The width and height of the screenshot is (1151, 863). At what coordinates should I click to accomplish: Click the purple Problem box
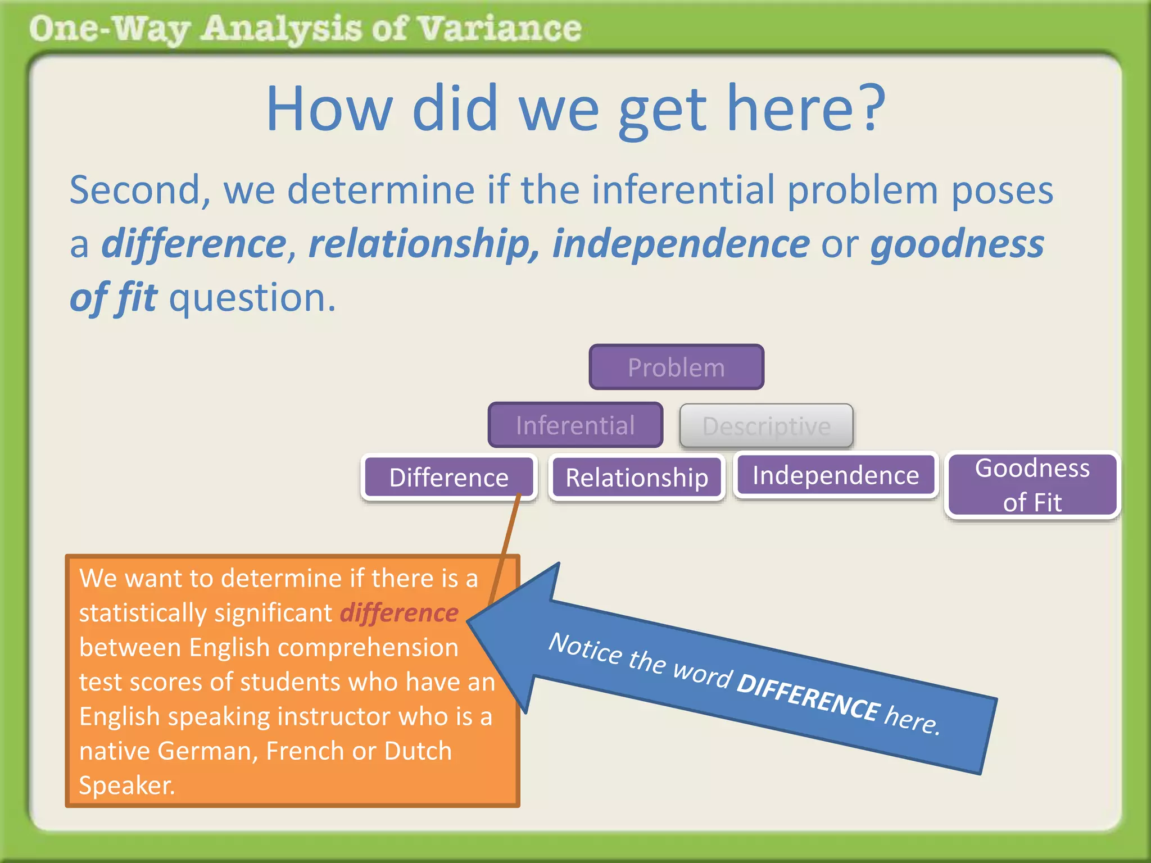[x=676, y=367]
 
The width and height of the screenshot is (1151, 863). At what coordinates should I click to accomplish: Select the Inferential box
[x=575, y=425]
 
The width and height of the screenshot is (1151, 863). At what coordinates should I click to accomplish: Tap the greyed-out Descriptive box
[x=766, y=426]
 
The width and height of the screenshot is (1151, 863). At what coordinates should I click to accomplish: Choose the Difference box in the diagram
[x=448, y=478]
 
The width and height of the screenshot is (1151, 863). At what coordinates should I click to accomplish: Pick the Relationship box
[x=636, y=478]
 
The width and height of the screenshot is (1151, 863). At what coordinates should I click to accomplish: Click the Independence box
[x=836, y=475]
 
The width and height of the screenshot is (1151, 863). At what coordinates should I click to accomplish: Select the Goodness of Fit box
[x=1032, y=485]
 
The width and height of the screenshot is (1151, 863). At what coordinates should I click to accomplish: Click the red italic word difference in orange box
[x=399, y=612]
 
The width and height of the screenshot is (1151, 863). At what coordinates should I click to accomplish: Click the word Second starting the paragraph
[x=135, y=190]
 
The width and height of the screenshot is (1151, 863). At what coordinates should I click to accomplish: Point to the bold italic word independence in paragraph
[x=681, y=244]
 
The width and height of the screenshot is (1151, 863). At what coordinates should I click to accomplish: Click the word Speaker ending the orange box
[x=126, y=785]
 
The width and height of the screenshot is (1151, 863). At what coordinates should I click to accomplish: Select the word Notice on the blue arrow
[x=585, y=648]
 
